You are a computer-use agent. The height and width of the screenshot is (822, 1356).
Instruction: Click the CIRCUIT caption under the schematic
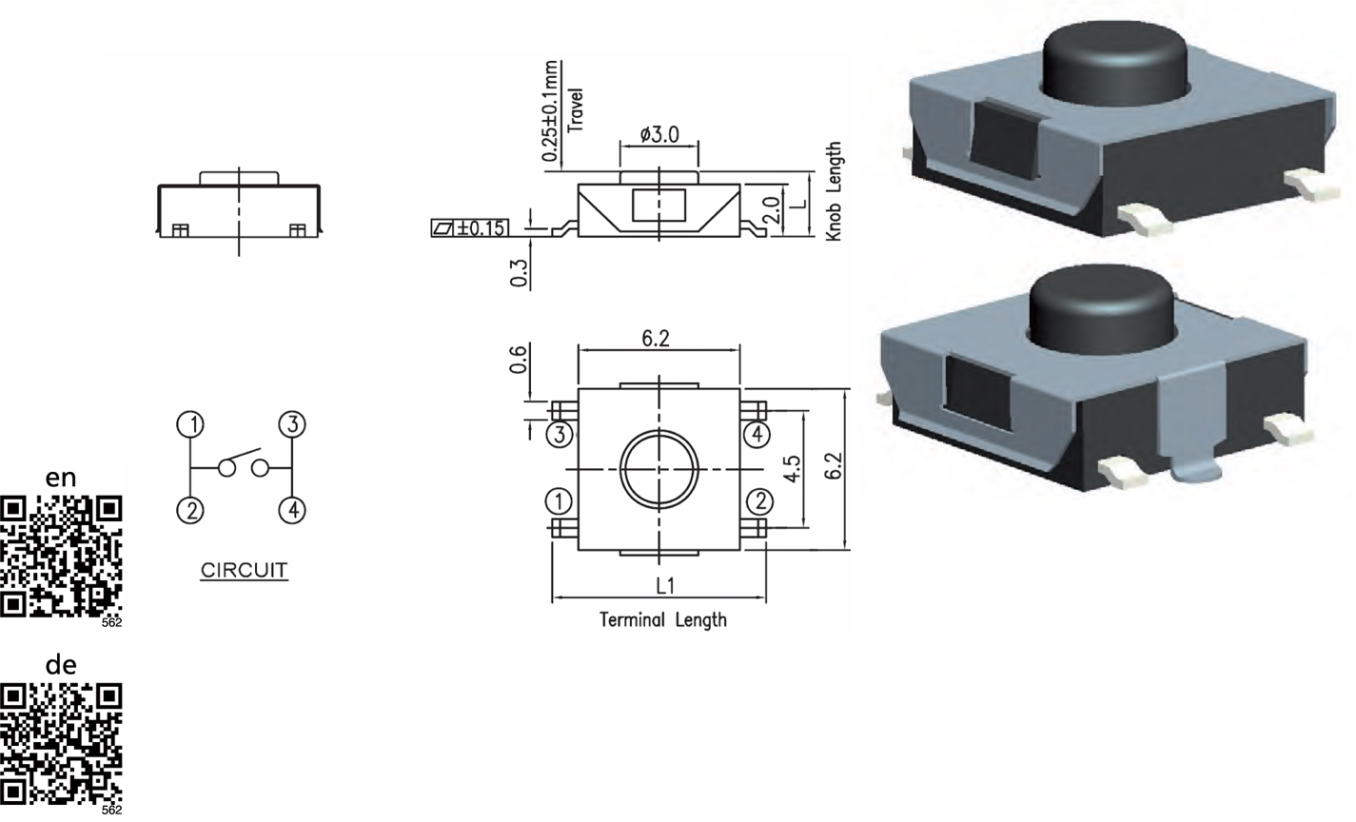(x=244, y=570)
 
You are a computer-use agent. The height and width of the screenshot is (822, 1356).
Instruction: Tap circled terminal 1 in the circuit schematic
(x=190, y=424)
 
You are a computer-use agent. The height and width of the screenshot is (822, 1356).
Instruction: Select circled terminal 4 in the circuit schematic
(x=292, y=510)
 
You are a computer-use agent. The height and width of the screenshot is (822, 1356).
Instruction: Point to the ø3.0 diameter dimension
(x=659, y=134)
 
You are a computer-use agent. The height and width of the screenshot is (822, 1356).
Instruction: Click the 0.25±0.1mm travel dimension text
(x=550, y=111)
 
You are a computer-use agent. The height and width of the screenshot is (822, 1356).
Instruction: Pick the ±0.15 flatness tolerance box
(x=470, y=227)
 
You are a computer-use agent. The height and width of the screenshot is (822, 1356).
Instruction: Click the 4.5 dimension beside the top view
(x=792, y=468)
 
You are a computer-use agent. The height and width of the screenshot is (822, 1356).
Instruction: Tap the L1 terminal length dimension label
(x=665, y=585)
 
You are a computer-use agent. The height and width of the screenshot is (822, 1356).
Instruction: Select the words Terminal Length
(x=663, y=619)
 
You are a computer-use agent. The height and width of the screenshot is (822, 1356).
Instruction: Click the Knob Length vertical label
(x=834, y=191)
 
